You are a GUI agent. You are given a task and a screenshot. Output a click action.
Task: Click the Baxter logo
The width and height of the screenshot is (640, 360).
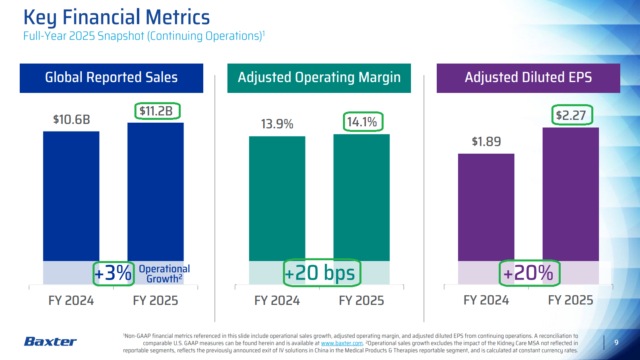50,341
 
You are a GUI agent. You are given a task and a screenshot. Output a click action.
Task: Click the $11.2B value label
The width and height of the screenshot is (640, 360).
156,111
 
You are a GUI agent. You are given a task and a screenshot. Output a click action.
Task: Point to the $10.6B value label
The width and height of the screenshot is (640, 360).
71,119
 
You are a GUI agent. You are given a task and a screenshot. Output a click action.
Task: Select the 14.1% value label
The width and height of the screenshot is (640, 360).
362,122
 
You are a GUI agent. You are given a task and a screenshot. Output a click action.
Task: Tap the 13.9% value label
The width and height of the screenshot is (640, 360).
277,124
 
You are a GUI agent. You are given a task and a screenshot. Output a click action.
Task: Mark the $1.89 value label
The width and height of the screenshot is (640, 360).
486,142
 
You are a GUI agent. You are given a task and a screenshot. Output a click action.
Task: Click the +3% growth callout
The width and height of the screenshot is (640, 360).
113,273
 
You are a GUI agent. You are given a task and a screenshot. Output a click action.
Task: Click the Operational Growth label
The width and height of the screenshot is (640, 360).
164,274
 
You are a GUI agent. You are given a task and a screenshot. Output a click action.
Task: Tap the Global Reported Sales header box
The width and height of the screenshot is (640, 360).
111,78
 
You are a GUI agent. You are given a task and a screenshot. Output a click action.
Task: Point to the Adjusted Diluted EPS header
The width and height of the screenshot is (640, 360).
528,78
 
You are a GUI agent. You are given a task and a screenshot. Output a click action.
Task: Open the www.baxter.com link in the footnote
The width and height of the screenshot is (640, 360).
342,343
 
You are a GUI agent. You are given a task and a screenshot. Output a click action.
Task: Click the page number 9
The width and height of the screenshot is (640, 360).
616,343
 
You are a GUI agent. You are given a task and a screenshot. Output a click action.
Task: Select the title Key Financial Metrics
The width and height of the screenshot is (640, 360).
117,17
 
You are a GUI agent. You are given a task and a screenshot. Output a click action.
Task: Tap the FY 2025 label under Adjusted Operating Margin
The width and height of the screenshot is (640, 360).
361,300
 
